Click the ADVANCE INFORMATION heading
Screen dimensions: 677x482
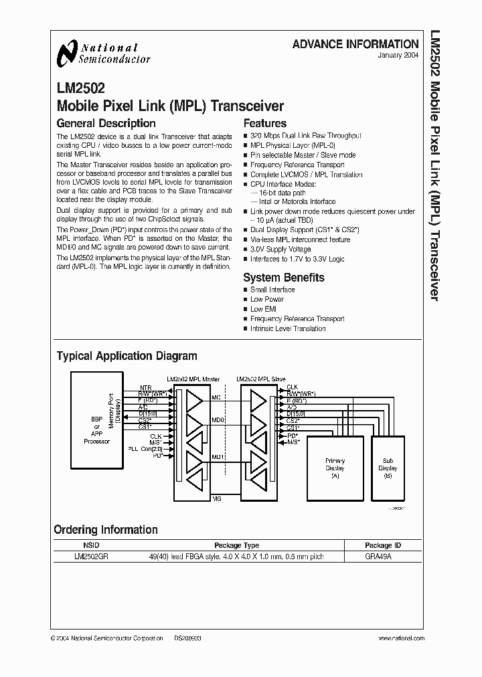pos(355,44)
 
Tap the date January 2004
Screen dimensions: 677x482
pos(400,56)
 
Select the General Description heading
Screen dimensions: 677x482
pos(106,123)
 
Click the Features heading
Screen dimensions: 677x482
pos(264,123)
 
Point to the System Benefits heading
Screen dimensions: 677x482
pos(283,277)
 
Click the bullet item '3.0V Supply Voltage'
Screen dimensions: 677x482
pos(280,250)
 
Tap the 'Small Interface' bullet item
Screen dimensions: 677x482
pos(272,290)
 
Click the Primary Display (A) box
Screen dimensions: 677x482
pos(335,468)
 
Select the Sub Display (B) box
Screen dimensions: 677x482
pos(388,468)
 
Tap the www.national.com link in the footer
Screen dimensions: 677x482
pos(394,639)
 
